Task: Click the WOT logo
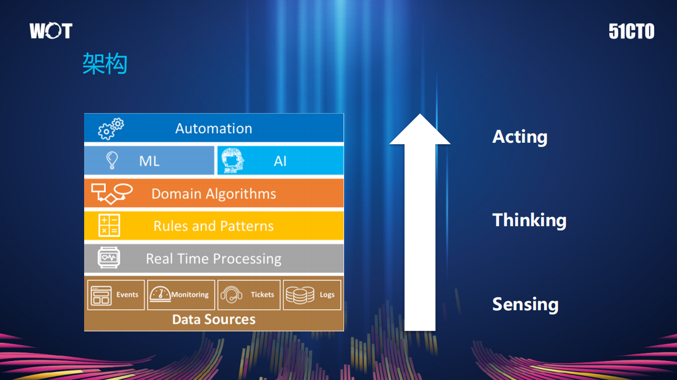coord(51,31)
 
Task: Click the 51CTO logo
coord(631,32)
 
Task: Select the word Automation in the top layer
coord(214,128)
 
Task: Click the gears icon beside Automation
coord(111,129)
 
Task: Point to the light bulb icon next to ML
coord(112,160)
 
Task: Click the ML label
coord(149,161)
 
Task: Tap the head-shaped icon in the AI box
coord(233,161)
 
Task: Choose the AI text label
coord(280,161)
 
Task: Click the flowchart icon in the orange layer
coord(111,193)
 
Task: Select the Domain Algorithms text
coord(214,194)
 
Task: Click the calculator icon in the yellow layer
coord(110,226)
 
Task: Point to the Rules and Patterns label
coord(214,226)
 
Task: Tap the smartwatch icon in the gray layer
coord(109,258)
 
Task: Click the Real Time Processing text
coord(214,259)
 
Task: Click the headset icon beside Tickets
coord(231,295)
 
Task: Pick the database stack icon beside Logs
coord(300,295)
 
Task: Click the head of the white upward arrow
coord(420,130)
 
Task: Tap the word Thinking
coord(529,220)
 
